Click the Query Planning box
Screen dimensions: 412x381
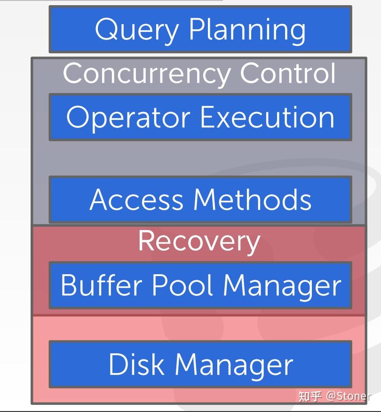coord(200,29)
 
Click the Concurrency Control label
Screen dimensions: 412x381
coord(199,73)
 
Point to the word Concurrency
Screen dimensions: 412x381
coord(146,73)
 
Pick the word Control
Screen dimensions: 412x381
coord(288,73)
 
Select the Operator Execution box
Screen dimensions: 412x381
coord(200,117)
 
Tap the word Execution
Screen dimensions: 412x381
coord(267,117)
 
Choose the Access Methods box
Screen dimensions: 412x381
coord(200,199)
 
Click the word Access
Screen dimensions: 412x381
coord(136,199)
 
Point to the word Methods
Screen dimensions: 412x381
coord(253,199)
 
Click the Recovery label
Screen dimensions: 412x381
coord(199,241)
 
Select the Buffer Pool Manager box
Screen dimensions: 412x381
coord(200,285)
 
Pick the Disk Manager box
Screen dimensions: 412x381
coord(200,364)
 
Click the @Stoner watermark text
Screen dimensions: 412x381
coord(348,396)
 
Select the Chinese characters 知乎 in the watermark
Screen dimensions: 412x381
coord(310,396)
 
